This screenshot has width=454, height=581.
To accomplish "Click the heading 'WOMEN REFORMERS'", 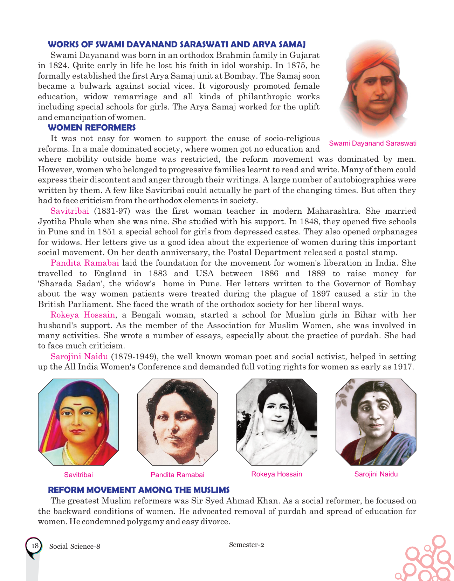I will point(91,127).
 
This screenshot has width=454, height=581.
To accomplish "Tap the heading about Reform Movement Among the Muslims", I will point(139,490).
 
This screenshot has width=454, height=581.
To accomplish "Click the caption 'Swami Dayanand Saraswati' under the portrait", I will point(373,143).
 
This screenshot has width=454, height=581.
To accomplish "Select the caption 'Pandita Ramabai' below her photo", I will point(177,475).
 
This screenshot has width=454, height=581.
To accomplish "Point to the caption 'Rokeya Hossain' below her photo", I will point(276,474).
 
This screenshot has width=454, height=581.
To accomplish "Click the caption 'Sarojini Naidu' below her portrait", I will point(376,474).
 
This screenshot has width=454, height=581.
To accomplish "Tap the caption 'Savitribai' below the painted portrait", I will point(78,475).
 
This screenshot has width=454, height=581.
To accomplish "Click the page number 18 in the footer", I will point(35,546).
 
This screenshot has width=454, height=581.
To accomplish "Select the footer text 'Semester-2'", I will point(246,545).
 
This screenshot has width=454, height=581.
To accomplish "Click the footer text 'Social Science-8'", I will point(75,546).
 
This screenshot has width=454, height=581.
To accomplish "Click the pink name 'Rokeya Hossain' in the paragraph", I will point(83,315).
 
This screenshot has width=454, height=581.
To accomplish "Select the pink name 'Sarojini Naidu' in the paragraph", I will point(79,356).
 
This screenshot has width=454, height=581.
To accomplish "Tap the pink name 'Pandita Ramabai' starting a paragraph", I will point(85,263).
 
